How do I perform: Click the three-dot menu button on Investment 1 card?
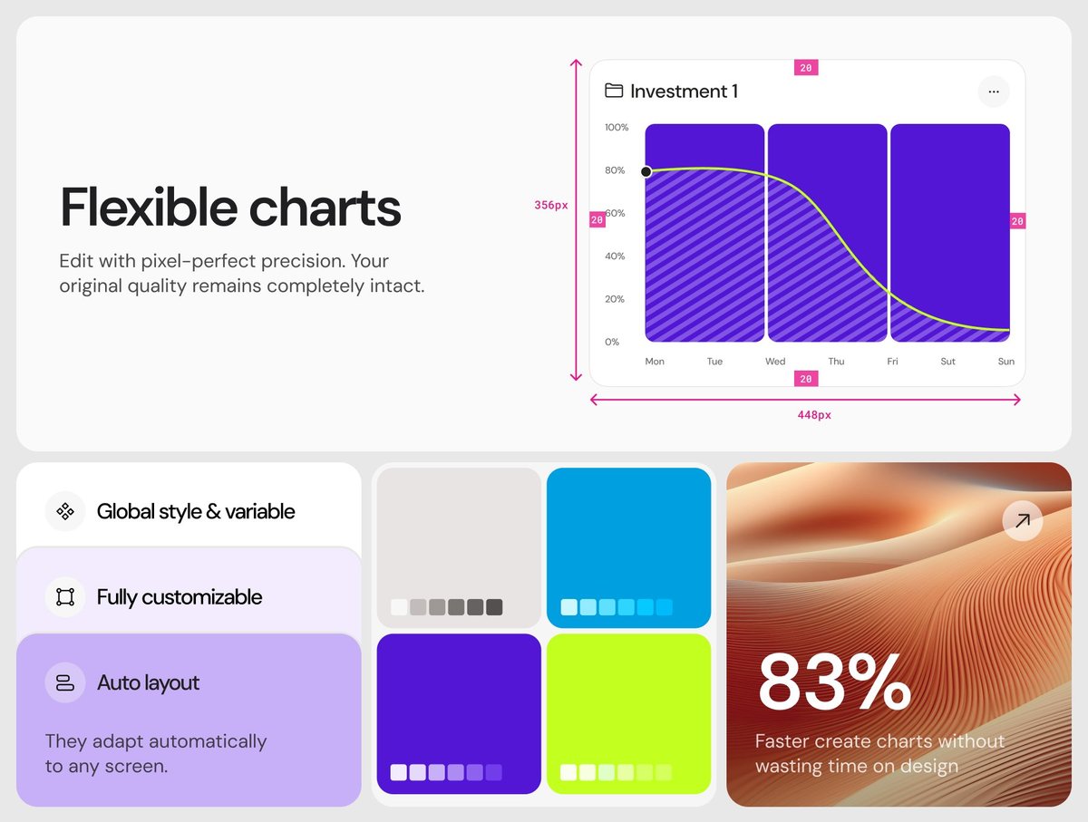point(994,92)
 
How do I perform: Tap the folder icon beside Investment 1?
point(614,91)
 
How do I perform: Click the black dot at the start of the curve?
point(646,171)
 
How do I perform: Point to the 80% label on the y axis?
point(615,170)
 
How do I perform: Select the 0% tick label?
point(612,342)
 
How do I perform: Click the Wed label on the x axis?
point(775,362)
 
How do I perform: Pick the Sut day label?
point(947,362)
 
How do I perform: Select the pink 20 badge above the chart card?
point(806,67)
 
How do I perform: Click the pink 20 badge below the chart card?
point(806,379)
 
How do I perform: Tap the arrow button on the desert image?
point(1023,520)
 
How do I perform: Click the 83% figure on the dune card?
point(834,682)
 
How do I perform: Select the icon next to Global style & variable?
point(65,511)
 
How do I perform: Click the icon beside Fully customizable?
point(65,597)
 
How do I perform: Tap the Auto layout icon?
point(65,682)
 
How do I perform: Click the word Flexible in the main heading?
point(150,208)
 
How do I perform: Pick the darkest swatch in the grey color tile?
point(494,607)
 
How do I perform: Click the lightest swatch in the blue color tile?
point(569,607)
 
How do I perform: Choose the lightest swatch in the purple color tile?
point(399,772)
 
